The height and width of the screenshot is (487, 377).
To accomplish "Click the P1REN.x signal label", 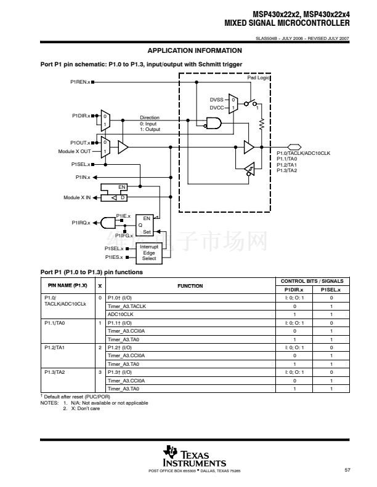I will [x=80, y=82].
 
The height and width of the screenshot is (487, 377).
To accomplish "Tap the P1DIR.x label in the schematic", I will [x=81, y=115].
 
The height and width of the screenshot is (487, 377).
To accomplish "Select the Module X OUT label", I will [x=75, y=151].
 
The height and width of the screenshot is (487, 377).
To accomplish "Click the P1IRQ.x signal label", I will [x=80, y=223].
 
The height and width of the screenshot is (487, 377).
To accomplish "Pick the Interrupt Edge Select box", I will [x=149, y=253].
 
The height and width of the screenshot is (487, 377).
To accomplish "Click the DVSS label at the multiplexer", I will [x=217, y=99].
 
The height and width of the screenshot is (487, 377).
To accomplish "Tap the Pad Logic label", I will [x=259, y=78].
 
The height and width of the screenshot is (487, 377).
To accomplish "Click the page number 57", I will [x=347, y=470].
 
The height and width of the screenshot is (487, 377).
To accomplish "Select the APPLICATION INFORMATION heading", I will [x=195, y=50].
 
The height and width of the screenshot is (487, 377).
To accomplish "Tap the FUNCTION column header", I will [x=190, y=286].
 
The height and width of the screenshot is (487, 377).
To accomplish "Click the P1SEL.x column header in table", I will [x=331, y=290].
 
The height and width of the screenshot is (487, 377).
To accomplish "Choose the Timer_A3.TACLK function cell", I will [x=127, y=306].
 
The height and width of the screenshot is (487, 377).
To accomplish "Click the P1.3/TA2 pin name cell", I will [x=55, y=373].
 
